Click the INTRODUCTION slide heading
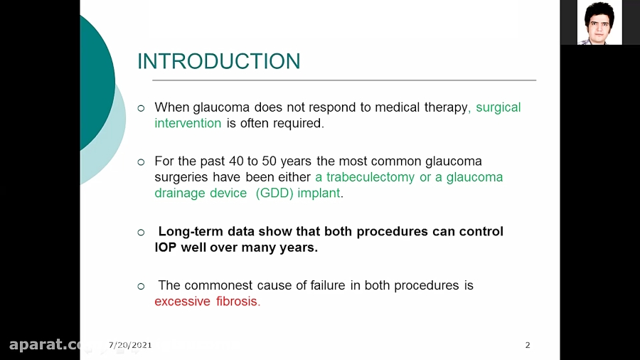[x=218, y=61]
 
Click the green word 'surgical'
[x=498, y=107]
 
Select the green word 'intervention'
[x=188, y=123]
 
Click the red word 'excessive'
[x=182, y=301]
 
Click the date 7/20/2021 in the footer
[x=130, y=345]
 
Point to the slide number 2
[x=528, y=345]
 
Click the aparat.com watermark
[x=46, y=345]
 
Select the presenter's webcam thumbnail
[x=599, y=23]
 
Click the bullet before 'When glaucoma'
[x=141, y=108]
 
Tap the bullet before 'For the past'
[x=141, y=162]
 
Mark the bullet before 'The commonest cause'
[x=141, y=286]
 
